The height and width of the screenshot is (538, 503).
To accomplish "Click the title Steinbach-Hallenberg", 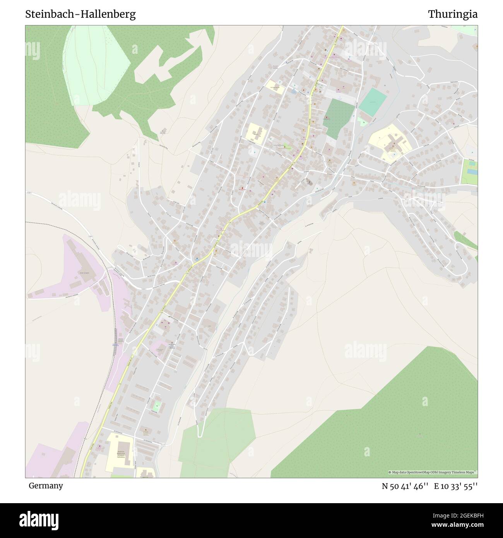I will coord(80,14).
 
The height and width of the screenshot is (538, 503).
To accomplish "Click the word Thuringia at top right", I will coord(452,14).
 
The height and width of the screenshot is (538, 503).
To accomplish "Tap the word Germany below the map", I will coord(45,485).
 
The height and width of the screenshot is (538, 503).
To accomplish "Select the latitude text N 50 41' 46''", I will coord(405,486).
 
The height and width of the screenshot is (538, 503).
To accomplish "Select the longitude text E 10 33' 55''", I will coord(455,486).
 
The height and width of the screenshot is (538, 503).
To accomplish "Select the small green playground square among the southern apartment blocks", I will coord(157,406).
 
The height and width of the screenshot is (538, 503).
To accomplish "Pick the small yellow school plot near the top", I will coord(275,87).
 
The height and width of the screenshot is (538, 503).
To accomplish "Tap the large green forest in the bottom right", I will coord(387,426).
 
